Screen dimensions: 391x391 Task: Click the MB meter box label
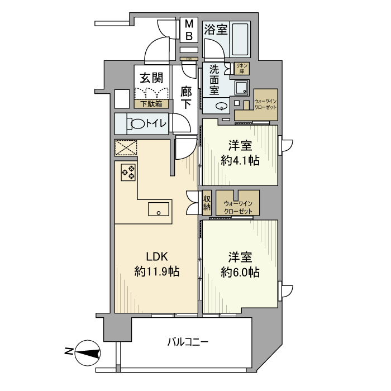pyautogui.click(x=189, y=30)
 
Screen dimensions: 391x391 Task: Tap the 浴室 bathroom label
pyautogui.click(x=216, y=30)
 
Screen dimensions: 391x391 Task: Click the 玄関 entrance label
pyautogui.click(x=151, y=77)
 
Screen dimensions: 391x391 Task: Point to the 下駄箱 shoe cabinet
pyautogui.click(x=151, y=103)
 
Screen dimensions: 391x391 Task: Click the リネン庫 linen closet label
pyautogui.click(x=242, y=68)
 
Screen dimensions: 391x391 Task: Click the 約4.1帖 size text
pyautogui.click(x=240, y=160)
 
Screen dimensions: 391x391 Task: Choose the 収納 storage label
pyautogui.click(x=207, y=202)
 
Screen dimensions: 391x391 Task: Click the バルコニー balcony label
pyautogui.click(x=188, y=341)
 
